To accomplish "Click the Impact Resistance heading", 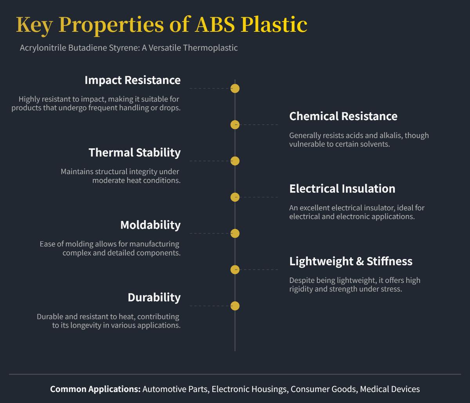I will [x=132, y=80].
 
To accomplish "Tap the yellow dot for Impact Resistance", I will [x=235, y=89].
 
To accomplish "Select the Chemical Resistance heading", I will [x=343, y=116].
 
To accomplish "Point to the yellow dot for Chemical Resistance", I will [x=235, y=125].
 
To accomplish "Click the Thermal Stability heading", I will [x=134, y=152].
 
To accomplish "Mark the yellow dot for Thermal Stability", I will [x=235, y=161].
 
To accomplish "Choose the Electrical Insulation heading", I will [x=342, y=189].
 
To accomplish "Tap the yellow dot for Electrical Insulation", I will [x=235, y=197].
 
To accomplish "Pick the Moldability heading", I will [x=150, y=225].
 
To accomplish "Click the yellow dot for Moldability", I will [x=235, y=233].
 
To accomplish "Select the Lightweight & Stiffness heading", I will [x=351, y=261].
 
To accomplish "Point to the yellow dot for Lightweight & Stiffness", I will [x=235, y=270].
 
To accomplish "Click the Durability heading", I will [x=154, y=297].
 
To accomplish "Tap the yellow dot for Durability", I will [x=235, y=306].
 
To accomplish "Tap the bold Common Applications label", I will [x=95, y=389].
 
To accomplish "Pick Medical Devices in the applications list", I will [x=390, y=389].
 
